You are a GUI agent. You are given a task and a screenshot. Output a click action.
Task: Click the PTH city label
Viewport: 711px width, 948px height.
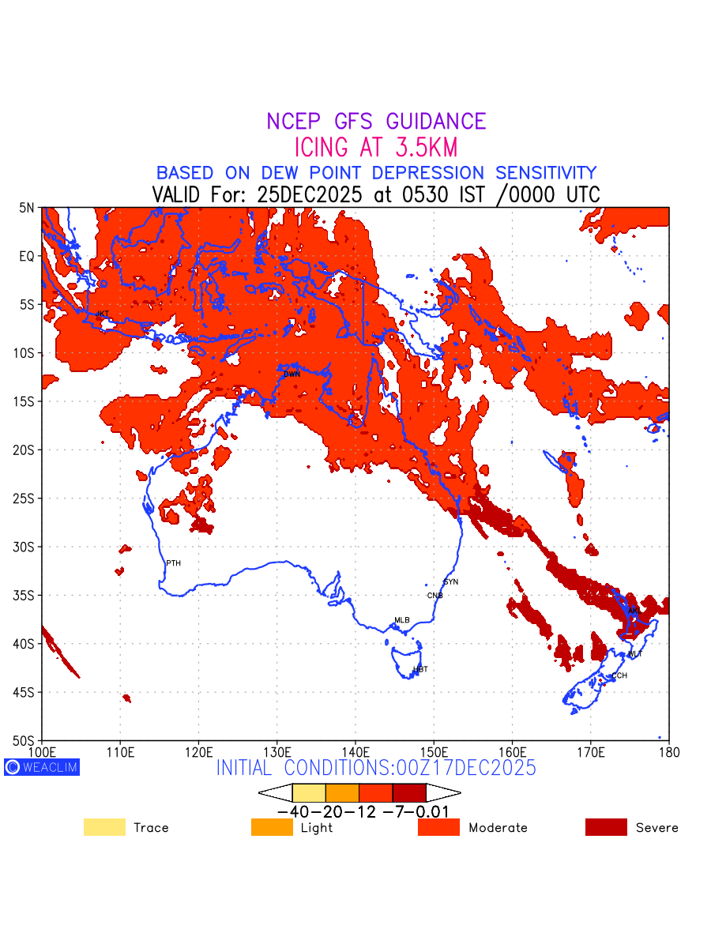[x=173, y=563]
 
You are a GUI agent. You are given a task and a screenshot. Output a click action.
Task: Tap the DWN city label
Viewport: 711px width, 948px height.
[x=292, y=374]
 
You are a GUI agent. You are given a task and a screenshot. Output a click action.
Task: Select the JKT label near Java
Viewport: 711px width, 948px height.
[x=102, y=314]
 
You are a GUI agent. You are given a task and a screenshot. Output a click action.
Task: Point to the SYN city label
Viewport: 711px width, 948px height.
[x=451, y=582]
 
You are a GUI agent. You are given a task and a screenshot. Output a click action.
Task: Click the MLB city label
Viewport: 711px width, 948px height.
[x=402, y=620]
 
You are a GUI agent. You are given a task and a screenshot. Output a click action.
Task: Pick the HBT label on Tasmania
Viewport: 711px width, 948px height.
[x=420, y=669]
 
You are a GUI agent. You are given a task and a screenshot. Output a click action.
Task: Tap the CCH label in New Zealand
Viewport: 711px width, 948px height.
[x=619, y=675]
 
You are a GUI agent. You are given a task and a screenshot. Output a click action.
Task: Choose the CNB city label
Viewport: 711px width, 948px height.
[x=435, y=596]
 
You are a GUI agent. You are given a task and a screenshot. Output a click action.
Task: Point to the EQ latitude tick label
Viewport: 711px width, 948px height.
[x=26, y=256]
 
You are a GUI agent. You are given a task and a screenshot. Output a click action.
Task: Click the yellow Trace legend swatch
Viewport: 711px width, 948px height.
[x=104, y=827]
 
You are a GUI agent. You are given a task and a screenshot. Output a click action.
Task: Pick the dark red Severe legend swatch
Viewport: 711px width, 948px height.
[x=606, y=827]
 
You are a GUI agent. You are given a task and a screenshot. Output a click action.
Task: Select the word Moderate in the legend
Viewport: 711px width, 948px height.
[x=498, y=828]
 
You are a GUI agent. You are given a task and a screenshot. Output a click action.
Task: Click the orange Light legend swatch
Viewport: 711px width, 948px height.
[x=272, y=827]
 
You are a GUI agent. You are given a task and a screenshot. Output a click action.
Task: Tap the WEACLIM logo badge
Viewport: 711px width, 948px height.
[x=42, y=766]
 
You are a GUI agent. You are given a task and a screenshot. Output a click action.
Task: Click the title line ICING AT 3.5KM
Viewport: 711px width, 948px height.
[x=376, y=148]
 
